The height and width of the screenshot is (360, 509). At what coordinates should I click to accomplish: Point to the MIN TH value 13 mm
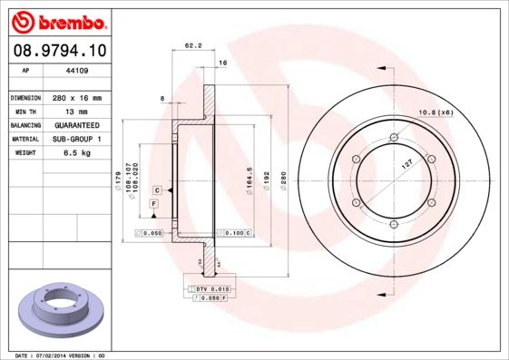point(74,111)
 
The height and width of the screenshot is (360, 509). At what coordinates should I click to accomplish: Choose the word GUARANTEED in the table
point(77,125)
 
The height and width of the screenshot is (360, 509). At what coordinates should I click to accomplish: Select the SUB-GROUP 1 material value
point(77,140)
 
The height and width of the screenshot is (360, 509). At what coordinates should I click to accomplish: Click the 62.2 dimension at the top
point(192,44)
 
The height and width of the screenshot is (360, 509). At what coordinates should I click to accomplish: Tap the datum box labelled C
point(157,190)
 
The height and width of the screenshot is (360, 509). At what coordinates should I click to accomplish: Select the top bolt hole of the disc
point(393,138)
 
